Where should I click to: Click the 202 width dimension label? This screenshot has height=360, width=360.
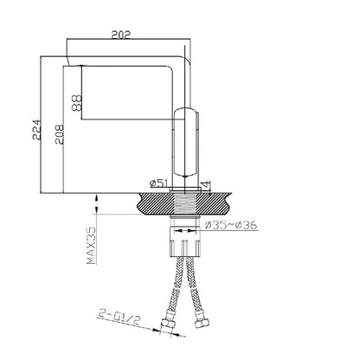coord(121,35)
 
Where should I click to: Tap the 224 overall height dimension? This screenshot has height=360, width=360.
coord(36,130)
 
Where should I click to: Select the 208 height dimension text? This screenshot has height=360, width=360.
coord(59,134)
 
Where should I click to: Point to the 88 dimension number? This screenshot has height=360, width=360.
coord(77,103)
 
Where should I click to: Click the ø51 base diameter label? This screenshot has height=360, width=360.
coord(159,183)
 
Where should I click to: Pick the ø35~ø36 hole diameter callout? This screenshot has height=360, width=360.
coord(231,225)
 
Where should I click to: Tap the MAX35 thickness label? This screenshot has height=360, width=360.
coord(91,246)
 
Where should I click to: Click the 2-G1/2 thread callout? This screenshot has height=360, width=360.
coord(119,318)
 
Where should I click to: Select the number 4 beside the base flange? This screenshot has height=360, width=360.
coord(207,183)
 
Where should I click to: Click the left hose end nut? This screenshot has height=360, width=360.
coord(167,324)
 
